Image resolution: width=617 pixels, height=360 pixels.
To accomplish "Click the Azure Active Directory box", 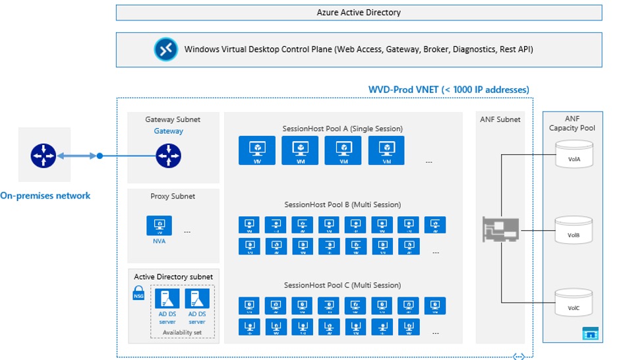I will point(359,13).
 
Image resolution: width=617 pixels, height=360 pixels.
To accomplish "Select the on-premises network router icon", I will point(44,156).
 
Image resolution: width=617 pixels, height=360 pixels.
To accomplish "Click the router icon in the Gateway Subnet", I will point(168,156).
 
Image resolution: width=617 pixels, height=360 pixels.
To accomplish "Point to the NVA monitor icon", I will point(159,225).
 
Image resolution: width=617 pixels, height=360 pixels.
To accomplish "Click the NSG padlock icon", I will point(139,293).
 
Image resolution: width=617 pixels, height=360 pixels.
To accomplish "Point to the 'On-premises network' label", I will point(45,195).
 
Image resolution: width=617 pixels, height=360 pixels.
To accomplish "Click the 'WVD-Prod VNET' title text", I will point(448,89).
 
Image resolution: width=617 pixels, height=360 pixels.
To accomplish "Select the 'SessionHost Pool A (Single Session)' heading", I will point(342,129).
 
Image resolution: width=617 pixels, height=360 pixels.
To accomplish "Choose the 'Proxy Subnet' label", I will point(173,196).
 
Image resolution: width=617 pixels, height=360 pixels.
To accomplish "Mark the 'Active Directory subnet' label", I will point(173,277).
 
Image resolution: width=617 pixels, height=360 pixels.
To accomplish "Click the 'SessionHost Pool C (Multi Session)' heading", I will point(342,285).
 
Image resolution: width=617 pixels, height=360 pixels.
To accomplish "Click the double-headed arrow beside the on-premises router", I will point(77,156).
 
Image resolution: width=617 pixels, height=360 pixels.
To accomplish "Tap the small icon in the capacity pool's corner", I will point(590,334).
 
